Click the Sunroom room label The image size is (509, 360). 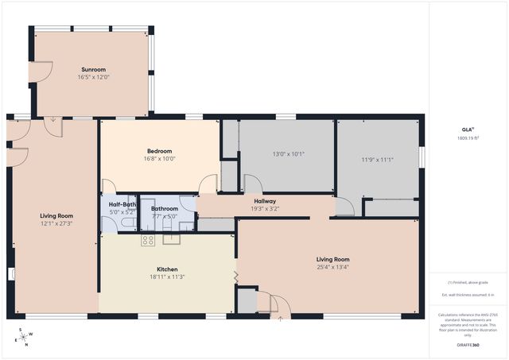(x=93, y=69)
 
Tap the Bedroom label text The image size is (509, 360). (x=159, y=151)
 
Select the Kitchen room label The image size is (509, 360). (x=167, y=269)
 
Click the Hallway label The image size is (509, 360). (x=265, y=202)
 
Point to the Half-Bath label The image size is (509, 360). (x=122, y=205)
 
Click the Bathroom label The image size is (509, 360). (x=165, y=208)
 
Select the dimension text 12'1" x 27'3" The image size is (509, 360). (x=56, y=223)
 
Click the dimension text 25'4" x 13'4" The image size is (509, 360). (x=332, y=267)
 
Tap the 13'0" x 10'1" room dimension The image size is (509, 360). (x=288, y=154)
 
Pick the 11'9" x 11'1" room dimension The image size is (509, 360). (x=378, y=160)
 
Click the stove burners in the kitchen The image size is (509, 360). (x=148, y=239)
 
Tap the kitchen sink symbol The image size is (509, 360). (x=172, y=238)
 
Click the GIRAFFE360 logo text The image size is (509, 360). (x=468, y=346)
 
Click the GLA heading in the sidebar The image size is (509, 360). (x=467, y=129)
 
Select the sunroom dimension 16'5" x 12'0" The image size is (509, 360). (x=93, y=77)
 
